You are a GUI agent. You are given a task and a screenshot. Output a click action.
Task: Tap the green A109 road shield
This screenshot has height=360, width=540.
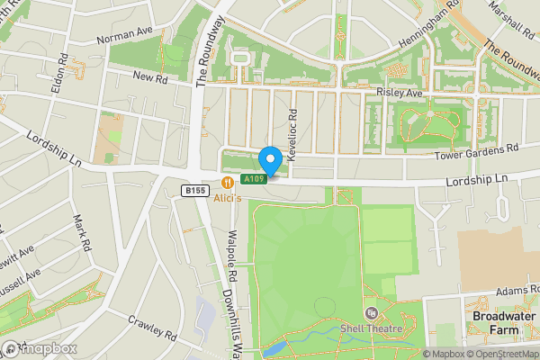pos(255,180)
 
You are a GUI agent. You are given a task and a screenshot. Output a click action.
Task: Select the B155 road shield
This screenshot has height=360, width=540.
pos(194,190)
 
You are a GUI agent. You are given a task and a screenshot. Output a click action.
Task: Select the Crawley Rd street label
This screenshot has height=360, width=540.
pos(152,327)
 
